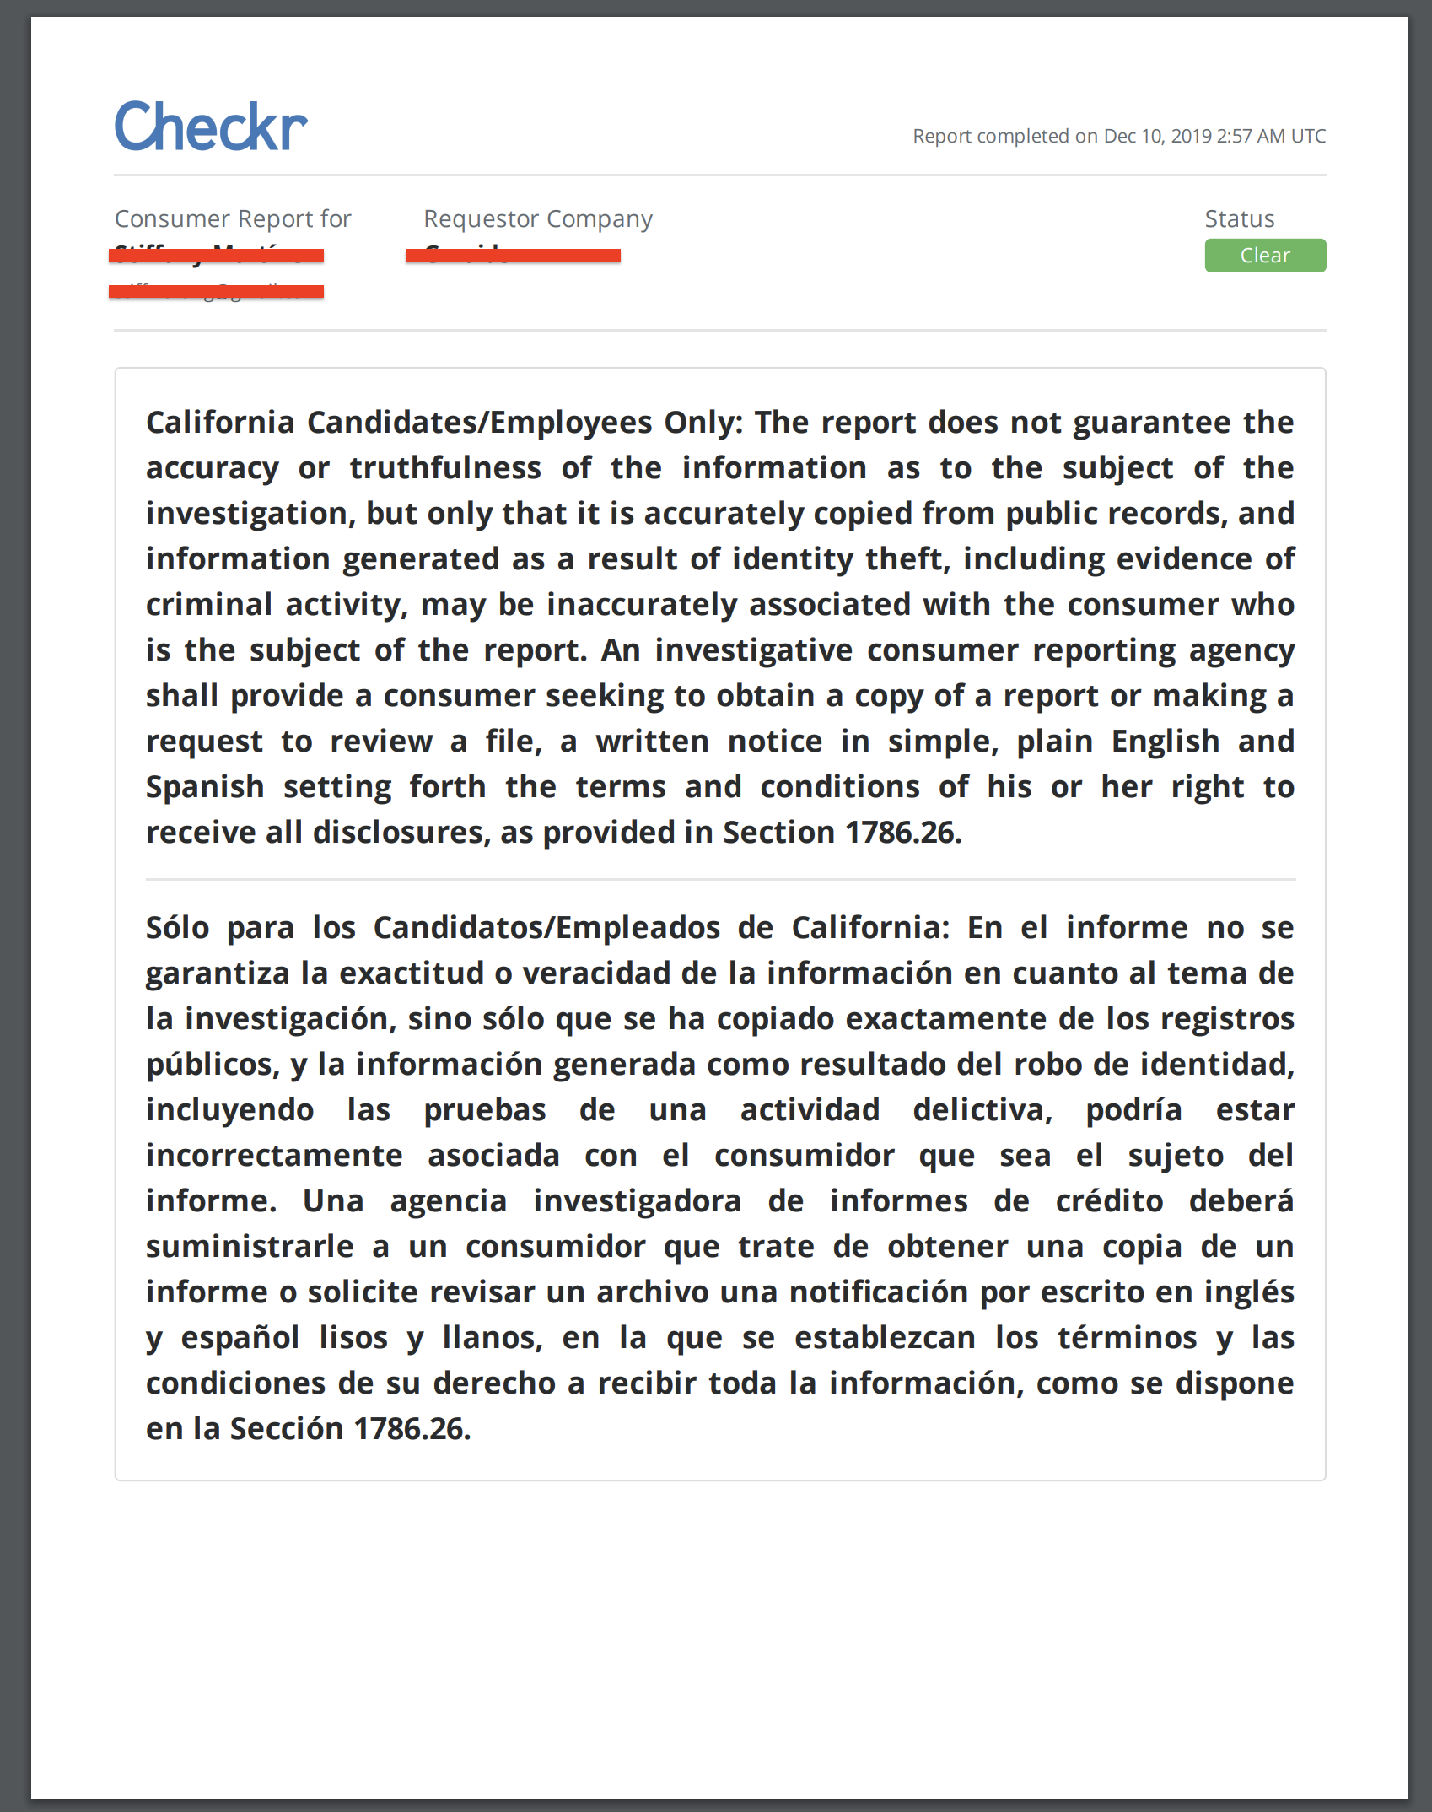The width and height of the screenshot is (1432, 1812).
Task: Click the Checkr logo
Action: [x=211, y=127]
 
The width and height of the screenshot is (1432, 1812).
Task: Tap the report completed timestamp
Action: [x=1118, y=137]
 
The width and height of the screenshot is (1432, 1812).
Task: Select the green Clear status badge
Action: [x=1264, y=256]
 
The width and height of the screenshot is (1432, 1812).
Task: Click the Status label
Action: [x=1239, y=219]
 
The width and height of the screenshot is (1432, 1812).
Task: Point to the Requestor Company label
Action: [x=537, y=219]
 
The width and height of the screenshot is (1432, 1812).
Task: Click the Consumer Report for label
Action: [x=233, y=219]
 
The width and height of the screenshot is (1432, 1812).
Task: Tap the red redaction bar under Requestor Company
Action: [x=513, y=255]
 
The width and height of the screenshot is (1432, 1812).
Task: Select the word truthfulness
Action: [x=445, y=468]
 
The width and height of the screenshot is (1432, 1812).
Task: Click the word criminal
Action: [x=209, y=605]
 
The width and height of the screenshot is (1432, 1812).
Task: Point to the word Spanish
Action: [x=205, y=787]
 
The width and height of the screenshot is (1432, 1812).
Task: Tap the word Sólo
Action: [x=177, y=928]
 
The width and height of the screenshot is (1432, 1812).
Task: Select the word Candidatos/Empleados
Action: [x=546, y=928]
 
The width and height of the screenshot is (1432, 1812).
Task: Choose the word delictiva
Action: [x=982, y=1110]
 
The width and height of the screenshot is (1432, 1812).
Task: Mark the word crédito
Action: [x=1109, y=1201]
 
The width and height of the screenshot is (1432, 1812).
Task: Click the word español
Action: [x=240, y=1338]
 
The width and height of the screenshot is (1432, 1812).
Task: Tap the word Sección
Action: [x=287, y=1429]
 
